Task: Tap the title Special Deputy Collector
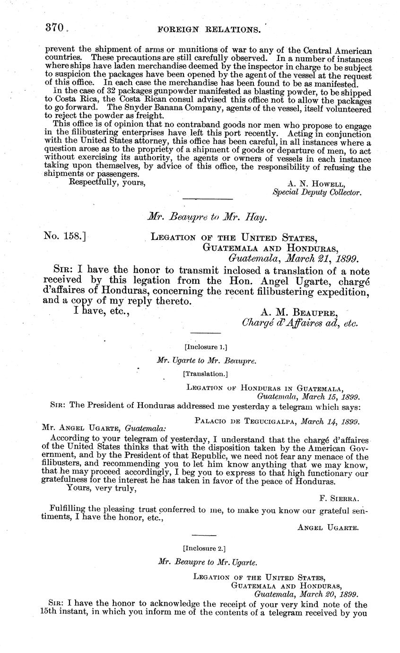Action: point(317,193)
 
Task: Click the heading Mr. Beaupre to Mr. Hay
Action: point(207,217)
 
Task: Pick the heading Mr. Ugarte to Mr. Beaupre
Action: point(207,361)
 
